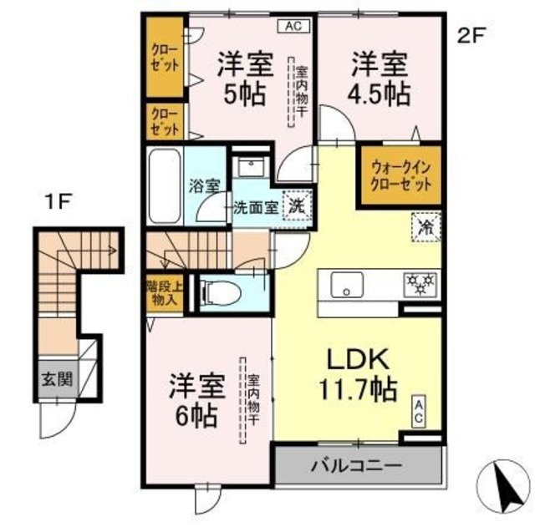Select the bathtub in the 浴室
pyautogui.click(x=165, y=186)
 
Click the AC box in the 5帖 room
pyautogui.click(x=292, y=26)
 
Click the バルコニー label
pyautogui.click(x=358, y=464)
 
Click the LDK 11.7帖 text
pyautogui.click(x=358, y=374)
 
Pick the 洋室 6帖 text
pyautogui.click(x=198, y=398)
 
